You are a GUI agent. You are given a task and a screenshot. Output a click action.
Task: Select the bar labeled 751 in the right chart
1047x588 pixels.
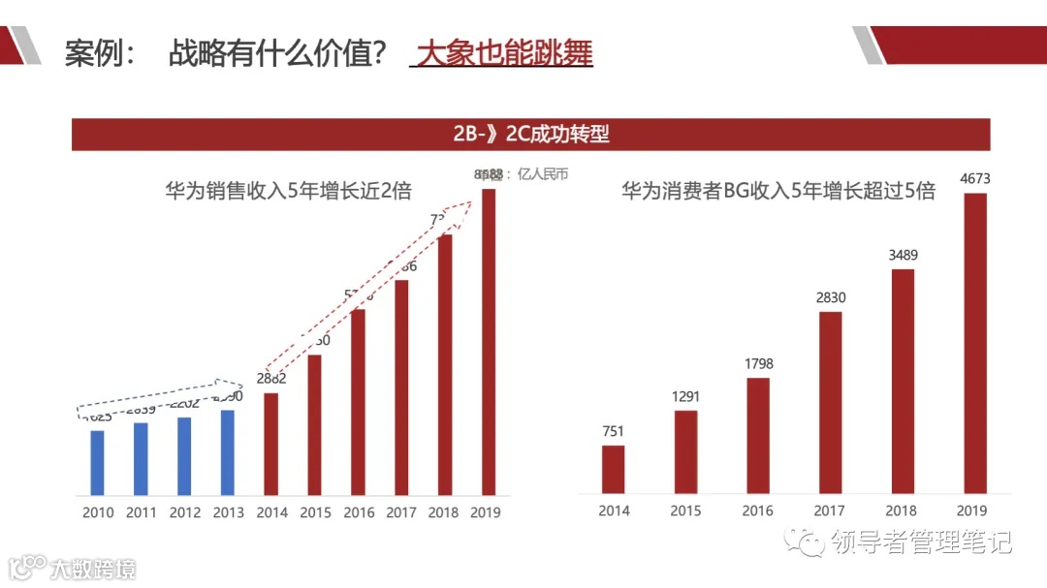(x=613, y=469)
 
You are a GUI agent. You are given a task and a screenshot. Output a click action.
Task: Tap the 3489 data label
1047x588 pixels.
(x=904, y=256)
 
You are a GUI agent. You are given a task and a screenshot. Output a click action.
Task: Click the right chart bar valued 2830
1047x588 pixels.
(x=831, y=402)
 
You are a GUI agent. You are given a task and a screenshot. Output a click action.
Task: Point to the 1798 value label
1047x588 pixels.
(x=758, y=364)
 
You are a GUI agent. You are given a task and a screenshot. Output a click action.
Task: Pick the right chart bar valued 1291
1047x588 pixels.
(x=685, y=451)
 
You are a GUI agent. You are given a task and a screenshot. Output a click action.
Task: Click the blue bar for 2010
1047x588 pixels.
(x=97, y=462)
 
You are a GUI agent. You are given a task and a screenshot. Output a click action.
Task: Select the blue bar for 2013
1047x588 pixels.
(x=228, y=451)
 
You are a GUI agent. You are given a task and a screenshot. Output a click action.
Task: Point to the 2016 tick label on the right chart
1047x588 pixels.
(x=758, y=511)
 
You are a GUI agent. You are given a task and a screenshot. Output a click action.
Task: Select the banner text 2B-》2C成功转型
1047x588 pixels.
(x=531, y=135)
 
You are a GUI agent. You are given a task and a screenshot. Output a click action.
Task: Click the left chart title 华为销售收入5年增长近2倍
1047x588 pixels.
(x=288, y=192)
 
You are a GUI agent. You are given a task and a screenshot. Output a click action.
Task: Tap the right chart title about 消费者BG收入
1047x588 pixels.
(x=777, y=192)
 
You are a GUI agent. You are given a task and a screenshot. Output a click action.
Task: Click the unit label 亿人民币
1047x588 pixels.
(x=543, y=175)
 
